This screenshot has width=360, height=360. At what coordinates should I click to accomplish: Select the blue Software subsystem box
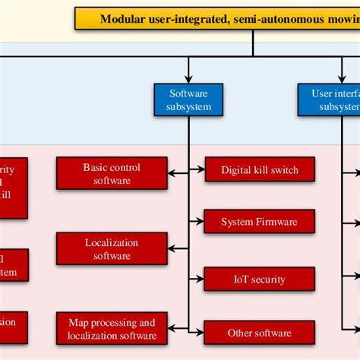click(x=188, y=99)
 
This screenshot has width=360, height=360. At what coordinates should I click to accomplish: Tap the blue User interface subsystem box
click(x=329, y=99)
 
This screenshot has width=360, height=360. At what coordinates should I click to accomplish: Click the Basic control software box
click(x=112, y=174)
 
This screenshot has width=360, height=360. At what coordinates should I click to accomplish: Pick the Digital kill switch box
click(x=260, y=170)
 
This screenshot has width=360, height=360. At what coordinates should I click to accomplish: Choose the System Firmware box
click(x=260, y=222)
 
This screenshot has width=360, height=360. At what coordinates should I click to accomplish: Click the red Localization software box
click(x=112, y=249)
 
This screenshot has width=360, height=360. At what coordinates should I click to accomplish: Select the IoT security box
click(x=260, y=279)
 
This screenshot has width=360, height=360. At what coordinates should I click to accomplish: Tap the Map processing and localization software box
click(x=112, y=328)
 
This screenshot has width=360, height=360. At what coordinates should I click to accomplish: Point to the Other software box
click(x=260, y=333)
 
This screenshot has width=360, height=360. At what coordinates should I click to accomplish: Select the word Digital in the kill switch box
click(x=237, y=170)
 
